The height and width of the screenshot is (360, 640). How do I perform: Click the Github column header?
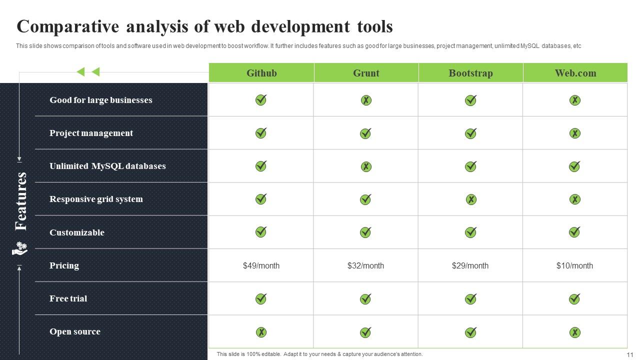point(261,73)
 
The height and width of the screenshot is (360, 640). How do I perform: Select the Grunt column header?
point(366,73)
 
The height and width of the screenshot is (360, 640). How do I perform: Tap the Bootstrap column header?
point(471,73)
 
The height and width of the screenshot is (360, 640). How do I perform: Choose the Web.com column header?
point(575,73)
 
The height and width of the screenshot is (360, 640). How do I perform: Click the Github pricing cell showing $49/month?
point(261,265)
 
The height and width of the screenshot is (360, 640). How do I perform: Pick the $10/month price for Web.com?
point(574,265)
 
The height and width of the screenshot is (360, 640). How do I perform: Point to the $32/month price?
point(365,265)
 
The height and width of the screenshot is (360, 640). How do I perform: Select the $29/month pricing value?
point(470,265)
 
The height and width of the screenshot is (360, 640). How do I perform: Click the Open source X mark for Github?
point(261,332)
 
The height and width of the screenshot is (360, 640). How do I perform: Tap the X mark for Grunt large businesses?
point(366,100)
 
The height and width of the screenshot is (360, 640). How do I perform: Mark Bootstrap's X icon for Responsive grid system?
point(471,199)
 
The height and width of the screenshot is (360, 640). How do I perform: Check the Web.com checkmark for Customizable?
point(574,232)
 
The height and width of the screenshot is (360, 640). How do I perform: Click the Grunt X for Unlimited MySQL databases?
point(366,166)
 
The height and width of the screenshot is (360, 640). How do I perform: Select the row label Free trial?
point(68,298)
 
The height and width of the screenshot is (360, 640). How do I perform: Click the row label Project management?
point(91,133)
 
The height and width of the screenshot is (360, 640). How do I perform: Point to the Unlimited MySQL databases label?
point(107,166)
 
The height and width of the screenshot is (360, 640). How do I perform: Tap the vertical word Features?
point(21,201)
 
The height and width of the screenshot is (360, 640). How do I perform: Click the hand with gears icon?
point(19,248)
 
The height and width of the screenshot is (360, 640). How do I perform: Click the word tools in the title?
point(375,26)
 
